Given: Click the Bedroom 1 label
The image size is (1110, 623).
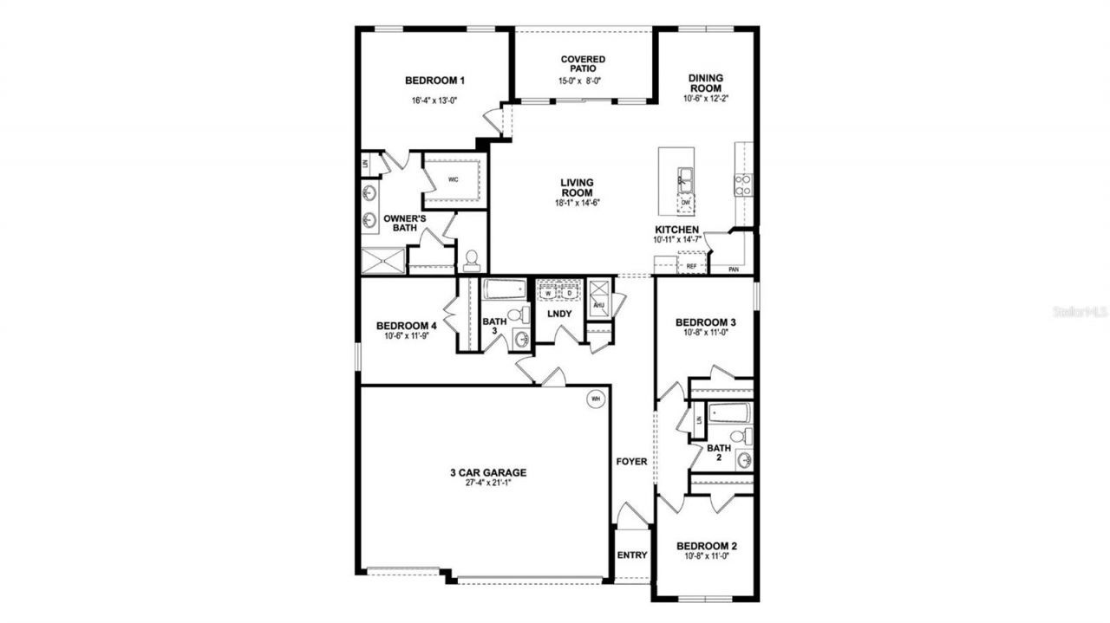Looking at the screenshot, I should click(434, 81).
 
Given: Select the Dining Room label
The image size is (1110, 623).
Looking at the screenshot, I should click(705, 82).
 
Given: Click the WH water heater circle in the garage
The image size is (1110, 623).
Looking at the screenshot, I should click(595, 399).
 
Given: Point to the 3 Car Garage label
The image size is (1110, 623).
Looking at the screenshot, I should click(488, 473).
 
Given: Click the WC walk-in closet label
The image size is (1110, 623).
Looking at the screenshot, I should click(453, 180).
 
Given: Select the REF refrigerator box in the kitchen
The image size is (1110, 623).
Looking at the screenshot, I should click(691, 266).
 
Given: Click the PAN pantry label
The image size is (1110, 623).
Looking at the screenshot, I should click(734, 269).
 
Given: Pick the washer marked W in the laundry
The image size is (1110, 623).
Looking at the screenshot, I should click(548, 293).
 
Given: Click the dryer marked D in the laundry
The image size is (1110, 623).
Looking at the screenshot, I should click(569, 293).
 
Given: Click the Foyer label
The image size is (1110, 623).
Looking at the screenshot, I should click(631, 462).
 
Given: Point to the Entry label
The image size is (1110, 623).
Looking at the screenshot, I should click(632, 555).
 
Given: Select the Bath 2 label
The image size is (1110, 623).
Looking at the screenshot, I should click(719, 453).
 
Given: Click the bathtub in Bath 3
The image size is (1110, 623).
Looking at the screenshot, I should click(504, 289).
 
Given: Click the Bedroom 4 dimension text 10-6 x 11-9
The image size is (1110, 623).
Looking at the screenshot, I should click(406, 337).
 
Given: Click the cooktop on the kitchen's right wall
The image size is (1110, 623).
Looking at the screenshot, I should click(743, 184).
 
